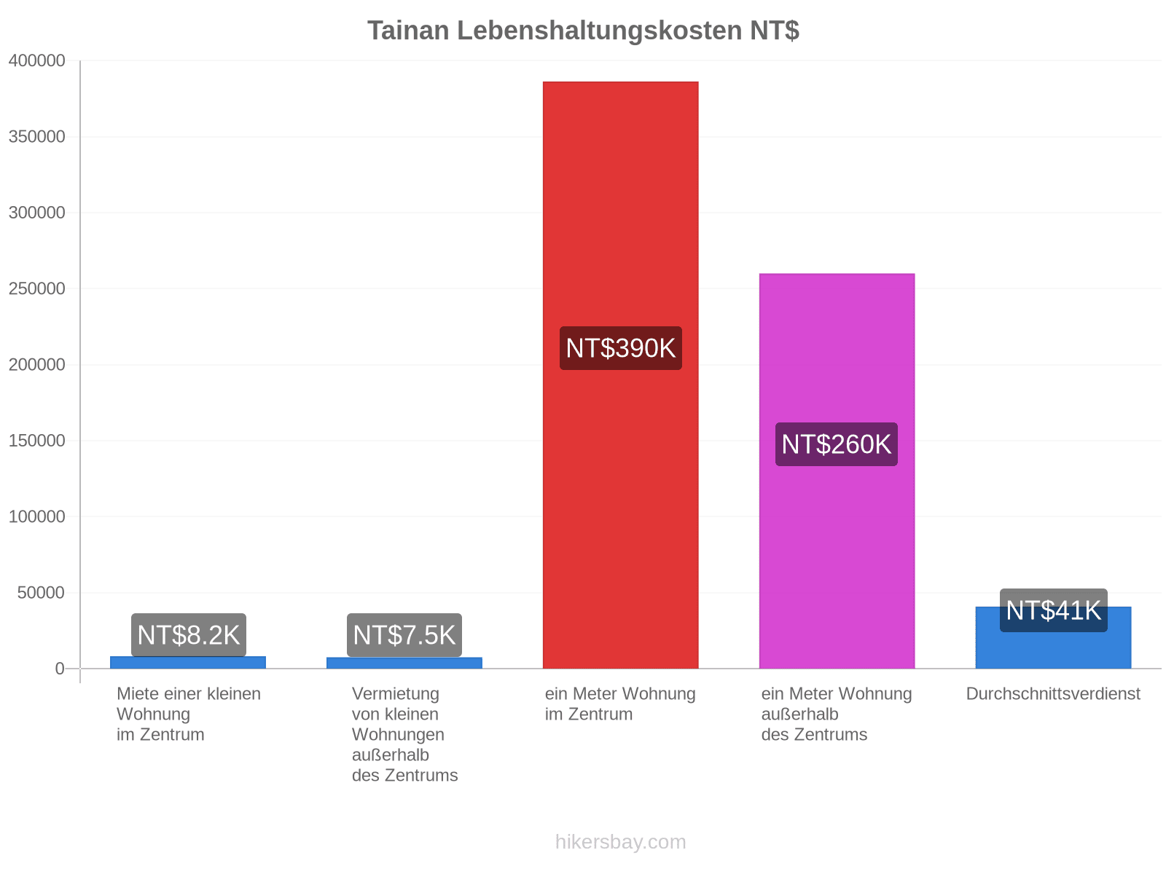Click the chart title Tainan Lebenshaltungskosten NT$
[583, 31]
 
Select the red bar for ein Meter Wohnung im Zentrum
[620, 374]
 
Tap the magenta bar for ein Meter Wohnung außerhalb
[837, 471]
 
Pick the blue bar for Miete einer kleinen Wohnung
[188, 662]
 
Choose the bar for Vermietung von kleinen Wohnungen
[404, 663]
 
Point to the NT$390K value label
[620, 348]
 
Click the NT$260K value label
[837, 444]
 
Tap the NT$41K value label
[1053, 610]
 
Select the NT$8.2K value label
[189, 635]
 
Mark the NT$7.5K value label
[404, 635]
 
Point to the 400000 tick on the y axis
[36, 60]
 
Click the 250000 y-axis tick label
[36, 288]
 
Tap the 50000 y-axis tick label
[41, 593]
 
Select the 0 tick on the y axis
[60, 669]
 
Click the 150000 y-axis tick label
[36, 441]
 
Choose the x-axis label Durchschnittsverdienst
[1053, 693]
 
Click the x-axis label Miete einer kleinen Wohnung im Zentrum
[189, 714]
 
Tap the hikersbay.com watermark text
[620, 842]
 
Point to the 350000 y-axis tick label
[36, 136]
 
